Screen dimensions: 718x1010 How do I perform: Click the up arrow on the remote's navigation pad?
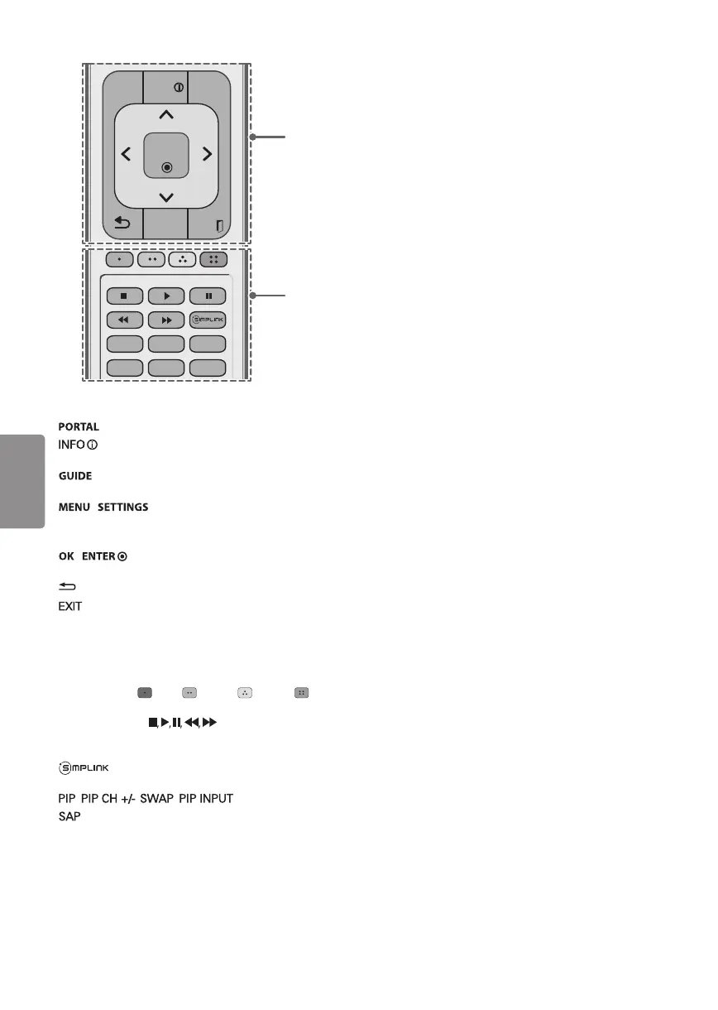click(165, 113)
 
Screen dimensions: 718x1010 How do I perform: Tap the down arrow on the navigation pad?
click(165, 196)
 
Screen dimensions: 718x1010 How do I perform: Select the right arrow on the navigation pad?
click(207, 153)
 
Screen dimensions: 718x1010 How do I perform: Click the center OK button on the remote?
click(165, 156)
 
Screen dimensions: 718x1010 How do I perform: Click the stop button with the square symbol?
click(123, 296)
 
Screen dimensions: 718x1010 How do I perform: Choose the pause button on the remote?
click(209, 296)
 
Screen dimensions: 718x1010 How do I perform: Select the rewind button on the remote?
click(123, 319)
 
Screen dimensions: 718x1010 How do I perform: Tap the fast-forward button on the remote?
click(166, 319)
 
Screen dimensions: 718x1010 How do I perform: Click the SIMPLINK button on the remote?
click(209, 319)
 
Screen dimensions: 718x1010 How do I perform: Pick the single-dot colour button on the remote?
click(123, 258)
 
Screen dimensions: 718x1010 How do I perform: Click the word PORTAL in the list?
click(79, 427)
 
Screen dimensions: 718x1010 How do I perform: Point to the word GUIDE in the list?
click(74, 477)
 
